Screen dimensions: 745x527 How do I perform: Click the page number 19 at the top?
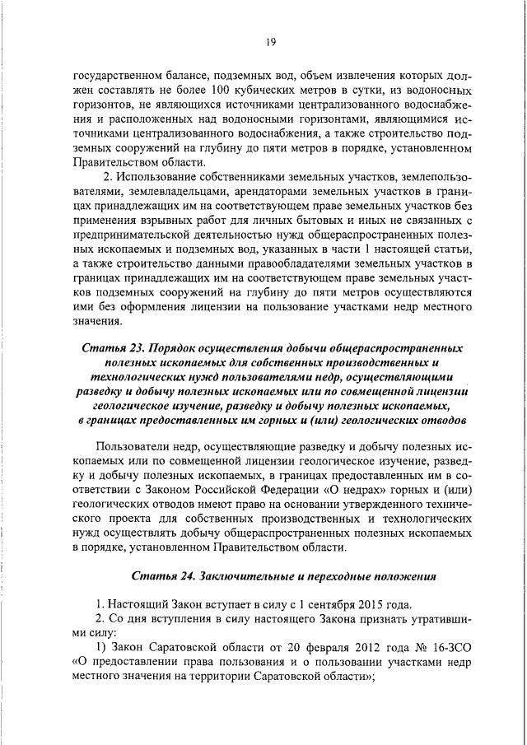[269, 43]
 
